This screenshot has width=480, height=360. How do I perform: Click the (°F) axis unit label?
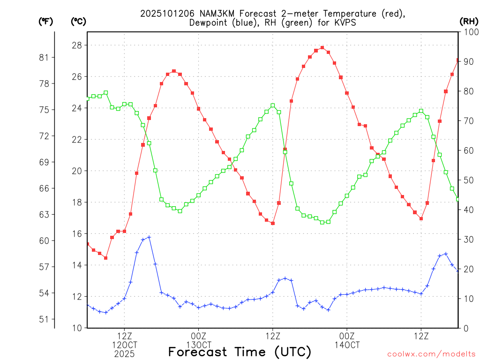pos(45,22)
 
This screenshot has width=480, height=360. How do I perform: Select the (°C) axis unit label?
pos(78,22)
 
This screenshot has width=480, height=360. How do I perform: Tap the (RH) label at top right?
pos(468,22)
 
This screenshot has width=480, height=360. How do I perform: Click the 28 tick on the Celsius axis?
pos(77,45)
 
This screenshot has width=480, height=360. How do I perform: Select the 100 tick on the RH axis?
pos(471,32)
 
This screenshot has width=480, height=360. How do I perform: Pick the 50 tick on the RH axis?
pos(468,180)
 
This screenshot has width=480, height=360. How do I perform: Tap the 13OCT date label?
pos(198,345)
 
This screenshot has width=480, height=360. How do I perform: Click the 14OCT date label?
pos(347,345)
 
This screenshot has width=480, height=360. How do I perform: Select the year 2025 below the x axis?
pos(124,354)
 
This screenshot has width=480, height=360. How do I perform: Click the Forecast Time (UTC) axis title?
pos(240,352)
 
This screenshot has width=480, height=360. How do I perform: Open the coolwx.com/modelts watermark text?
pos(431,354)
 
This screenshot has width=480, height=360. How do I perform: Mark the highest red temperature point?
pos(322,47)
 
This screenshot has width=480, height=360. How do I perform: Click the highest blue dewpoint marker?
pos(149,237)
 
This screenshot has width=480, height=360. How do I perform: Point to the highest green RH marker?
pos(106,93)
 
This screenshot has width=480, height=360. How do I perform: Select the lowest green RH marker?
pos(322,222)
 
